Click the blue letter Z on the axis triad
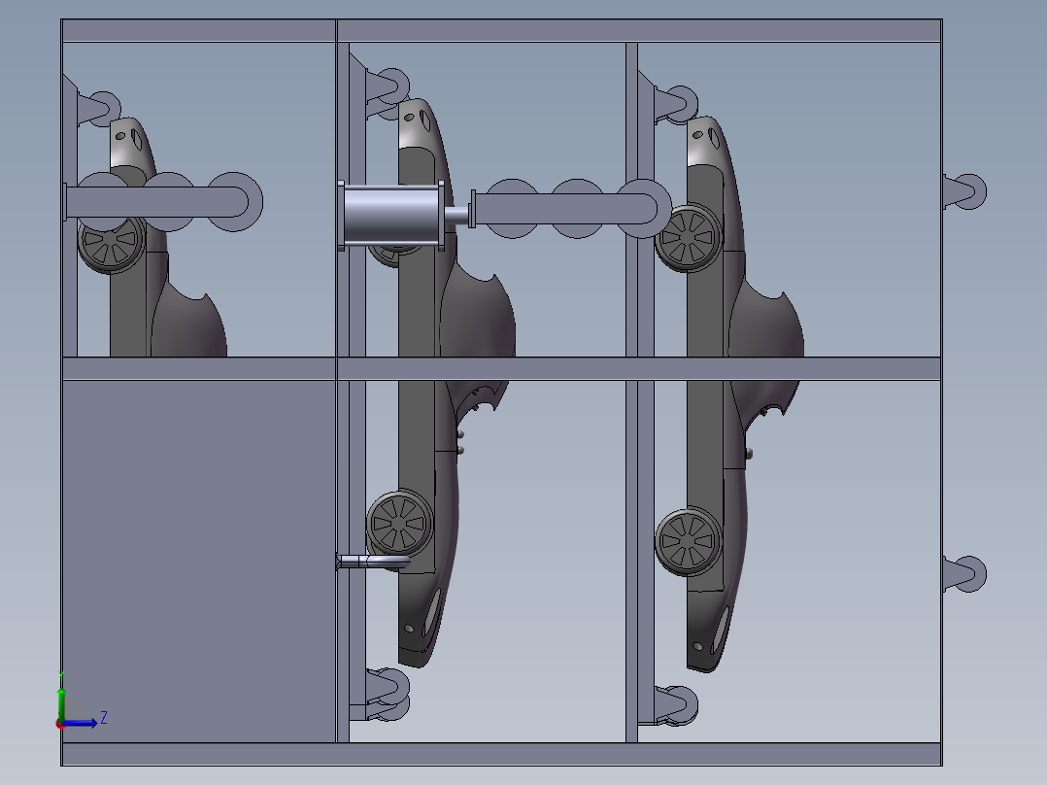coord(103,718)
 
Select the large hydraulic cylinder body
coord(391,215)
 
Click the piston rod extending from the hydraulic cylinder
coord(456,215)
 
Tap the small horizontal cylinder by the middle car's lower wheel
coord(374,562)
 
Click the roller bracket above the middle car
coord(385,85)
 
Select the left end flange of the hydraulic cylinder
coord(341,216)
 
